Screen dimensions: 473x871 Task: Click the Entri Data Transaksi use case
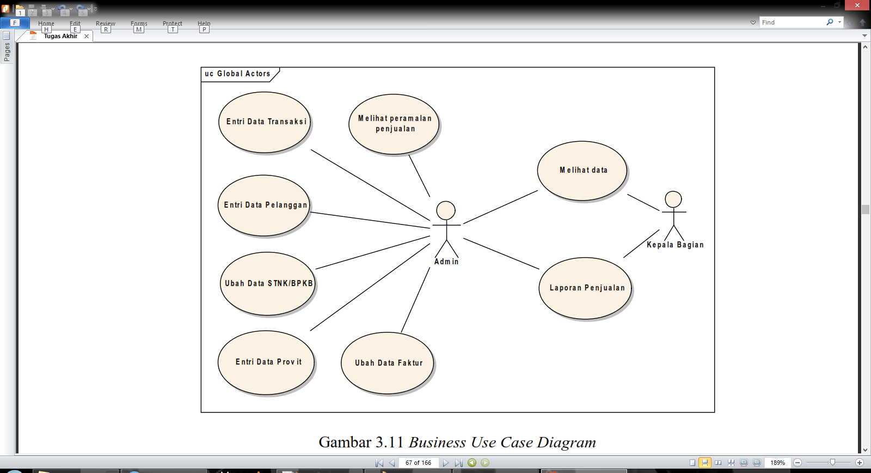(x=265, y=122)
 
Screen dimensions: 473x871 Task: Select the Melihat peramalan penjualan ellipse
(x=394, y=124)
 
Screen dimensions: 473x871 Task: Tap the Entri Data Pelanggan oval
(x=265, y=205)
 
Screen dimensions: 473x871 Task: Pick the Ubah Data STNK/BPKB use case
(x=268, y=283)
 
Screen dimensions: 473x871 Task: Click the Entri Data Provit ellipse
(x=267, y=362)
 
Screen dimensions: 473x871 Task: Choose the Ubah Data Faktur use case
(x=388, y=363)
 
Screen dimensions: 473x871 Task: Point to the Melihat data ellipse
(x=582, y=171)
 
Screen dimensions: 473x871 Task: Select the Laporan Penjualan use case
(x=586, y=288)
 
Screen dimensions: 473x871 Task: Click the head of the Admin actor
(x=446, y=210)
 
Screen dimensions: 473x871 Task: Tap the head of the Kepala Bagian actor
(x=673, y=199)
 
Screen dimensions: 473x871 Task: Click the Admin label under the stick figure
(x=446, y=262)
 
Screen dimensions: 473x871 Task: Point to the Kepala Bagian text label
(x=675, y=245)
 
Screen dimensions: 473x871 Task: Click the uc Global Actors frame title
(x=238, y=74)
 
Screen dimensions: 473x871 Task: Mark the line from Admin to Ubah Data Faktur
(x=415, y=300)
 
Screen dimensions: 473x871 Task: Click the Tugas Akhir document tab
(x=60, y=36)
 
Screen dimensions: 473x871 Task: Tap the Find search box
(x=792, y=22)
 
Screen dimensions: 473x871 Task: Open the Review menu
(x=105, y=23)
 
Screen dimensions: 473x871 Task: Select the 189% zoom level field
(x=777, y=463)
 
